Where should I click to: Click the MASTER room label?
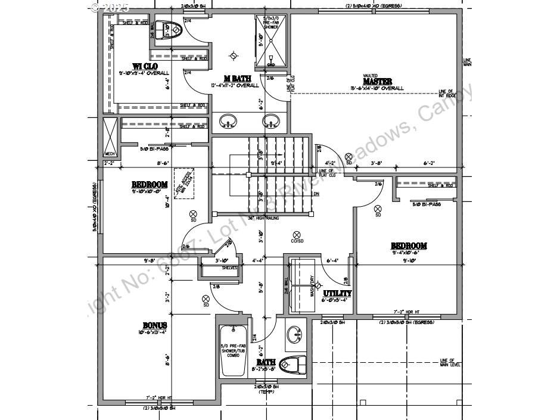(377, 81)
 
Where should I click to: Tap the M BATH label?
(237, 79)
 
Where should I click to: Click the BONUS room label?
(154, 326)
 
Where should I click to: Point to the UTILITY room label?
(337, 293)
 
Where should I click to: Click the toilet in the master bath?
(172, 30)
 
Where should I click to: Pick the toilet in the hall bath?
(292, 363)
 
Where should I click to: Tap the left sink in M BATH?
(228, 122)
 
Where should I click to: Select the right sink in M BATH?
(271, 122)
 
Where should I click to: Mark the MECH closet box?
(110, 136)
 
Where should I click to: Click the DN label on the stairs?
(316, 194)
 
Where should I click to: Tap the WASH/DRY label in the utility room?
(312, 286)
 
